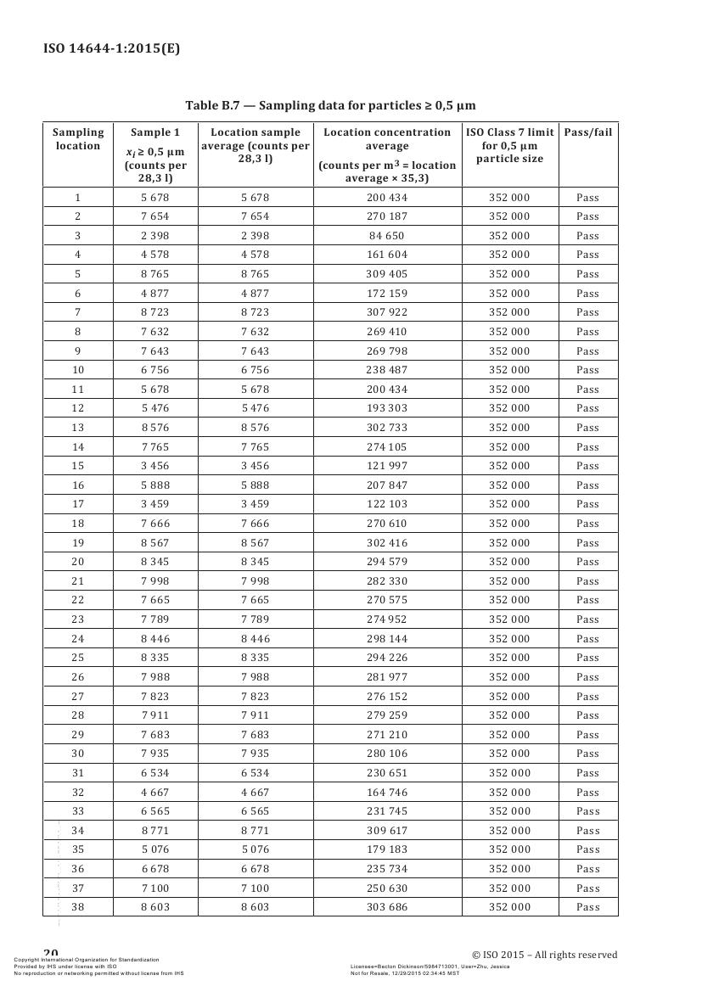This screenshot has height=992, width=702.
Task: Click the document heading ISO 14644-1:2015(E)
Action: [x=111, y=48]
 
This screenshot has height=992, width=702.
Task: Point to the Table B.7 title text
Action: [x=330, y=105]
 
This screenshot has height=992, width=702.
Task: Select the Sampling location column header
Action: [x=78, y=138]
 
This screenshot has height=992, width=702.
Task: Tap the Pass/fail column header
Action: [x=587, y=132]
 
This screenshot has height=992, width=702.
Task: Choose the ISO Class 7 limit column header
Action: [x=509, y=145]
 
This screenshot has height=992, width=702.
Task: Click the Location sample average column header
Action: [x=256, y=145]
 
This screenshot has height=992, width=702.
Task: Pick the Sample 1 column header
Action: [x=155, y=154]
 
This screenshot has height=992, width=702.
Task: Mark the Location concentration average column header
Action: [x=387, y=154]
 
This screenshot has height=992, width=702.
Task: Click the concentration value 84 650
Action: [x=387, y=236]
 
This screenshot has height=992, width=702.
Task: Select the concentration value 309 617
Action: [x=387, y=831]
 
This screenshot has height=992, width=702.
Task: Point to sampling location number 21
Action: [x=78, y=581]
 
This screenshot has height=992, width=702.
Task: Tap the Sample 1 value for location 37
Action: [x=155, y=888]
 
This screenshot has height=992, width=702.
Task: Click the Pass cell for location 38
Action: [x=587, y=907]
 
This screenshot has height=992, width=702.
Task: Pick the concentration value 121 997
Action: [x=387, y=466]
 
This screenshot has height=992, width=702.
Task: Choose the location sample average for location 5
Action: [x=255, y=274]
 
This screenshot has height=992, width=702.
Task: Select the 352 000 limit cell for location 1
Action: [x=509, y=198]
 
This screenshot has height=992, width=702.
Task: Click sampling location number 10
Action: [x=78, y=370]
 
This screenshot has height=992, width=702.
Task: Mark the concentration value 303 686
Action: [x=387, y=907]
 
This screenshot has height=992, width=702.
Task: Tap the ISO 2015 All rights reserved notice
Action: [x=544, y=955]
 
